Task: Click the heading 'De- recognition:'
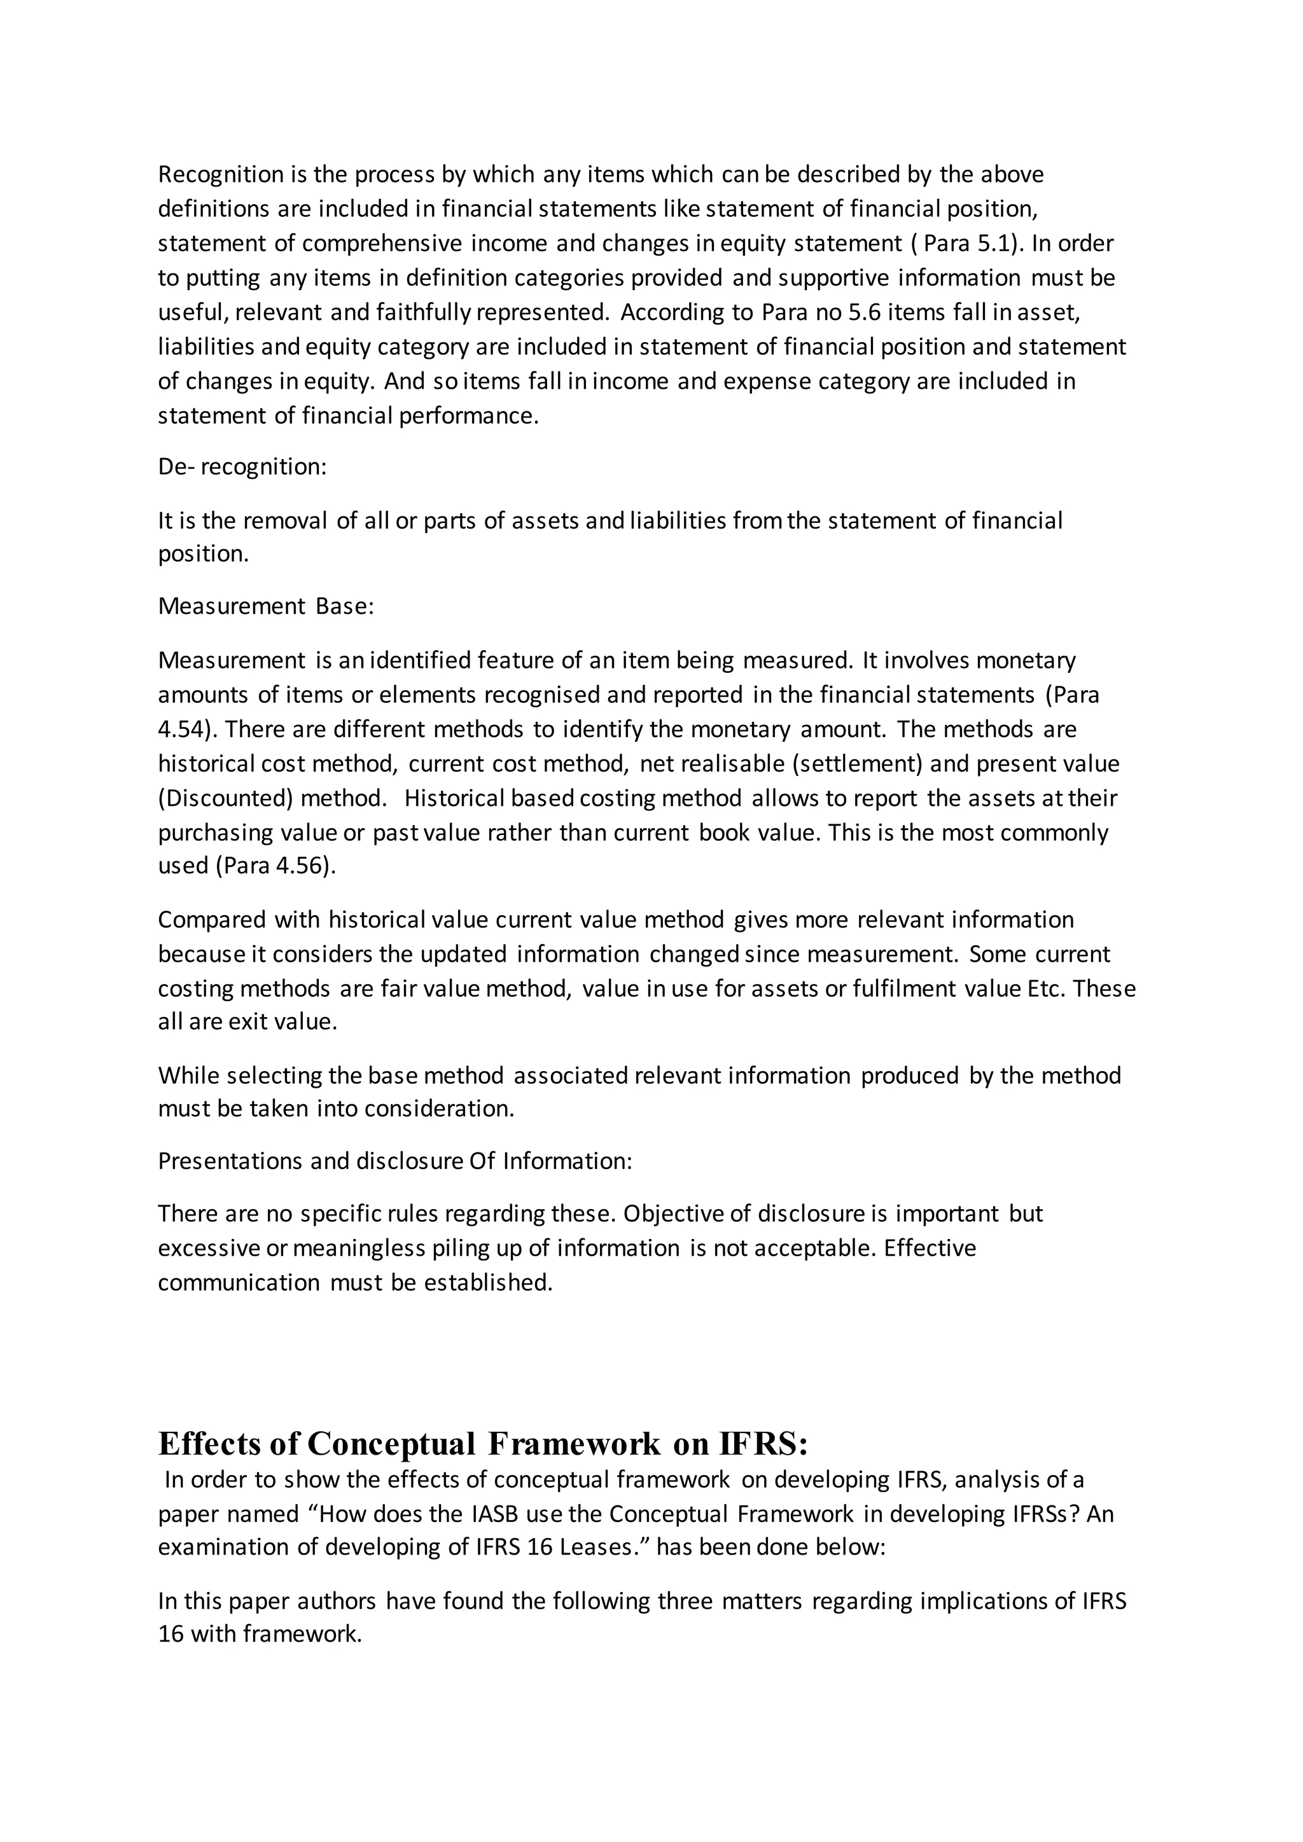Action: (242, 467)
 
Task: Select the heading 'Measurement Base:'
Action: (265, 607)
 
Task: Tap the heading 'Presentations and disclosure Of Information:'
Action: (394, 1161)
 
